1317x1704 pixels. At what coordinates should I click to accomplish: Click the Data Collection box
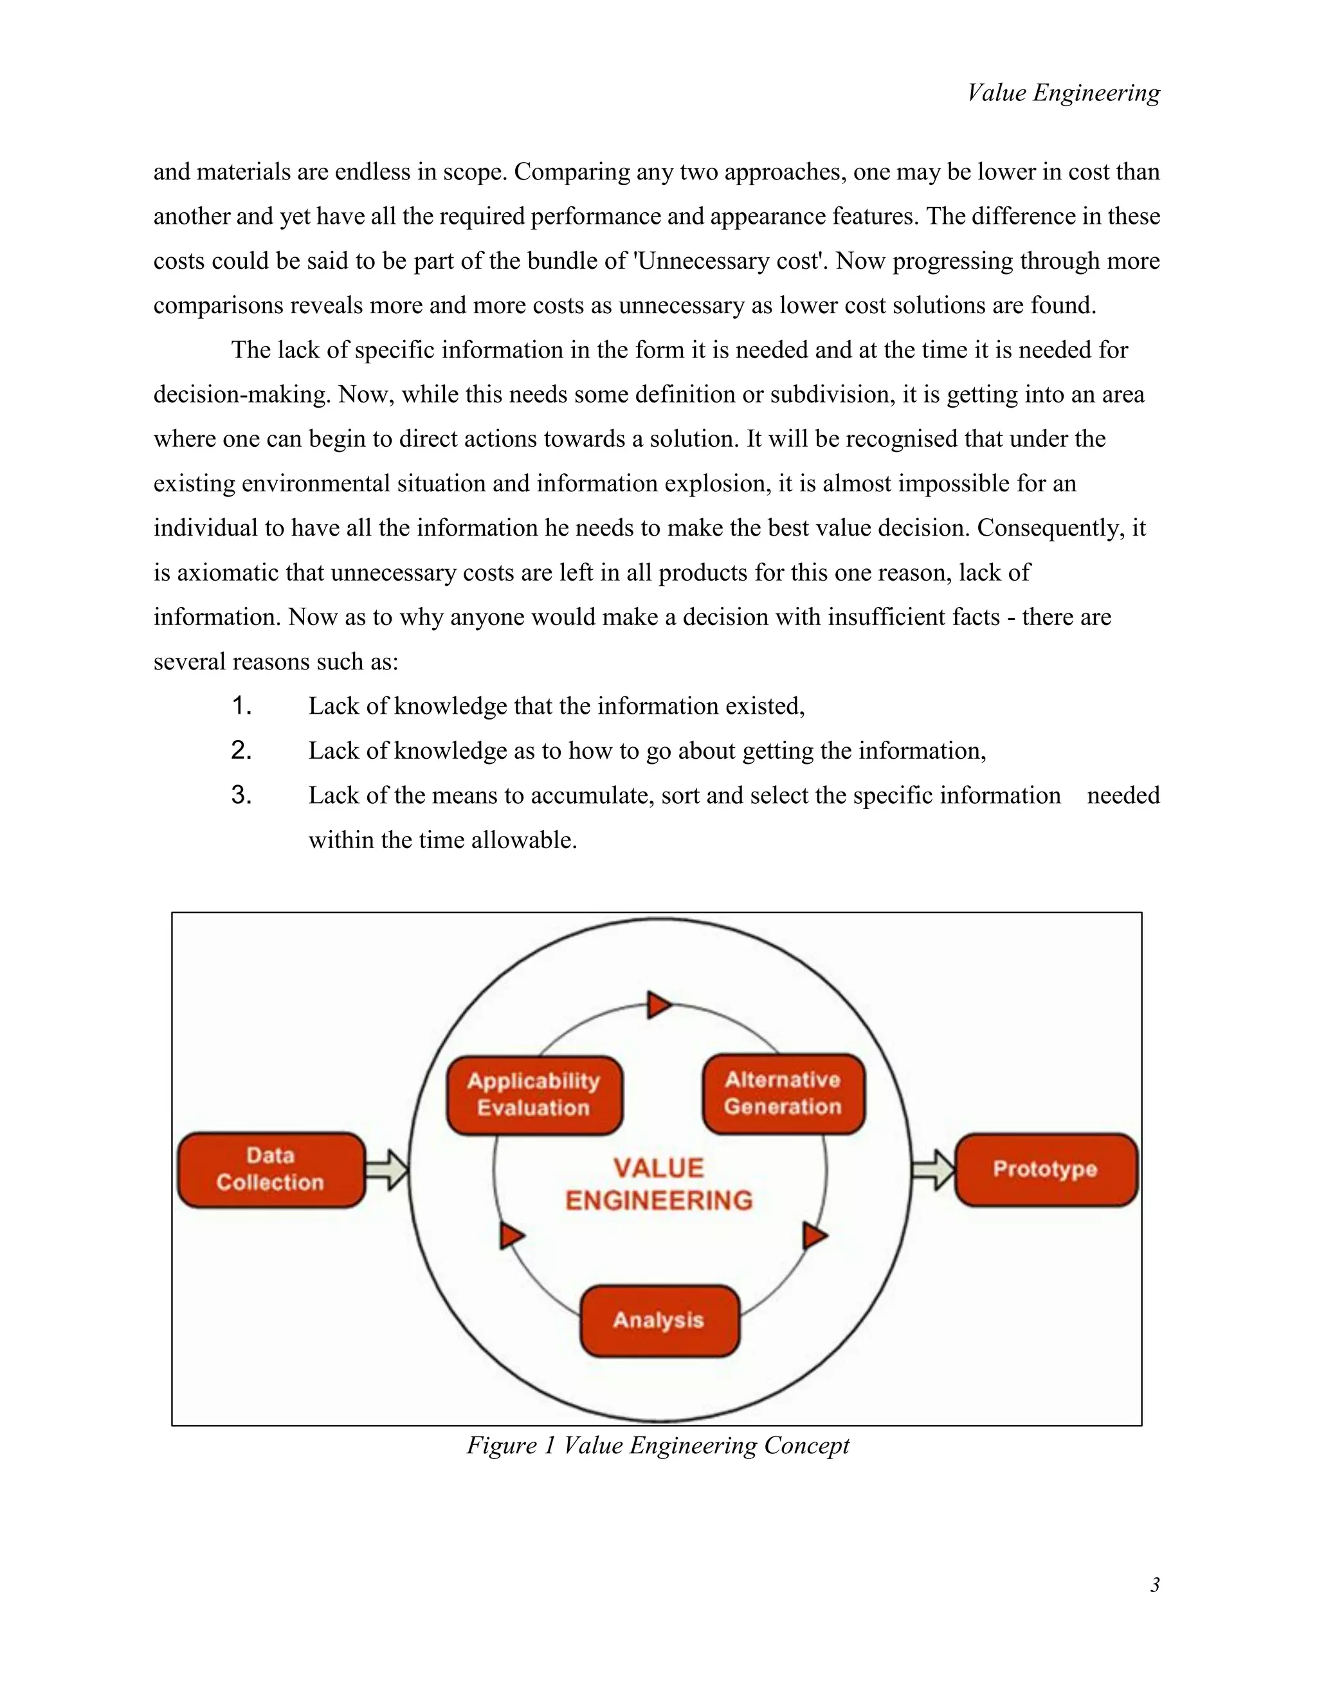point(271,1170)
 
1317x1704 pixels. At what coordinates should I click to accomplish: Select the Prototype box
point(1046,1170)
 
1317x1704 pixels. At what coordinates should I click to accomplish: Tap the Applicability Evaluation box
point(534,1094)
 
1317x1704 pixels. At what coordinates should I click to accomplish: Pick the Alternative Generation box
point(783,1093)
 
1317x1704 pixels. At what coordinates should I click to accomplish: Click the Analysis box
point(659,1320)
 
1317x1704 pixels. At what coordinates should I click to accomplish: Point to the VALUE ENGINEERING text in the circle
point(659,1184)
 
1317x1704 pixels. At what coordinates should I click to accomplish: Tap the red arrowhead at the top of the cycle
point(658,1005)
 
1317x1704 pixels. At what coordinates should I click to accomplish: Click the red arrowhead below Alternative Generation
point(813,1236)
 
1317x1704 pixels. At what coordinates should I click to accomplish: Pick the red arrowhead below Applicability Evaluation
point(511,1236)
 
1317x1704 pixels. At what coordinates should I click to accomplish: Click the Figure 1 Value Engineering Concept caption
point(658,1446)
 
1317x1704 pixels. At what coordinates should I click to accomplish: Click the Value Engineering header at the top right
point(1064,93)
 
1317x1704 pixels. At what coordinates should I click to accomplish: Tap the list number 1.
point(241,706)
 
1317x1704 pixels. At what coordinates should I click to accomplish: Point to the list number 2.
point(241,750)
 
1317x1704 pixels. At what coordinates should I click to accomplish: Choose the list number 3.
point(241,795)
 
